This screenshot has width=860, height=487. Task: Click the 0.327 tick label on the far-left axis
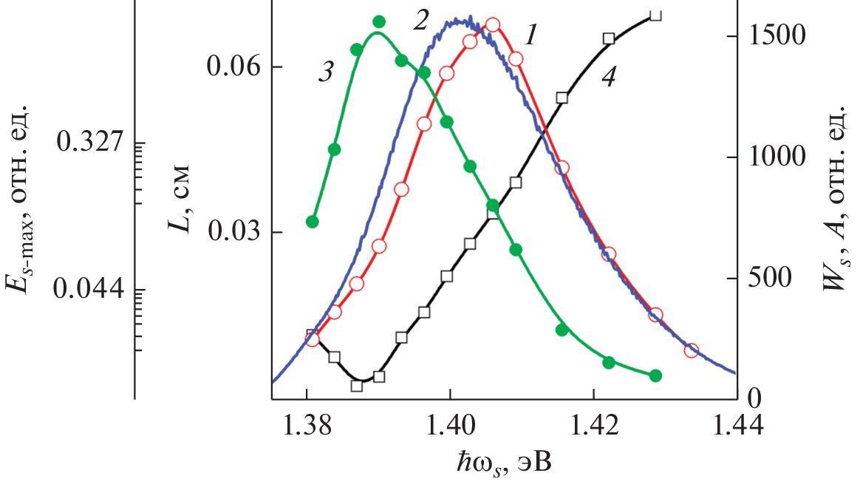(92, 142)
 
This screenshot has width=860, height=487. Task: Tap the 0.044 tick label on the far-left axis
(92, 289)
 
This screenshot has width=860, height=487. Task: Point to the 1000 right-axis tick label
(776, 157)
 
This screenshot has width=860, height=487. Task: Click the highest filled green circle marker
(379, 22)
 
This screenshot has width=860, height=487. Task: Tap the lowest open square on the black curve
(357, 386)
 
